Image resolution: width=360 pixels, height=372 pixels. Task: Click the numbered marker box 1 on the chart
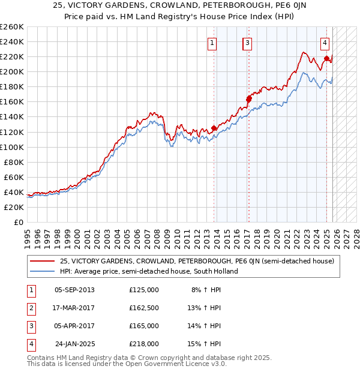coord(213,43)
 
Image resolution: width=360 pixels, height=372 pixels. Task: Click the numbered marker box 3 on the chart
coord(247,43)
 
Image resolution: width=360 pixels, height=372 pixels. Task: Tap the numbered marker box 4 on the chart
coord(325,43)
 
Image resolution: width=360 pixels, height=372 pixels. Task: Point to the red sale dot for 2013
coord(214,128)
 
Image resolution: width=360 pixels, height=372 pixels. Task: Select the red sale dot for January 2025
coord(326,58)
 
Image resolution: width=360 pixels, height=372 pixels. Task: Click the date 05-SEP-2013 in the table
coord(74,290)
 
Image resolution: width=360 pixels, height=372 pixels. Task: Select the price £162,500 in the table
coord(144,308)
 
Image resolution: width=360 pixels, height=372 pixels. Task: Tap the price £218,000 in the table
coord(144,344)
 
